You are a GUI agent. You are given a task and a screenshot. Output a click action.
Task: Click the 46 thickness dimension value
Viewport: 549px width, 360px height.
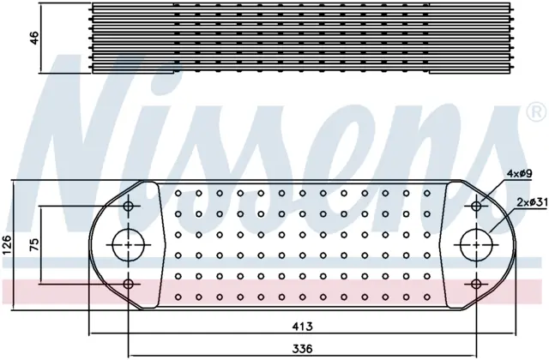pyautogui.click(x=35, y=38)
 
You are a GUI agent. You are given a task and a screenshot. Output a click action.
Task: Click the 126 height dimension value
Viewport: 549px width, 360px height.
pyautogui.click(x=7, y=245)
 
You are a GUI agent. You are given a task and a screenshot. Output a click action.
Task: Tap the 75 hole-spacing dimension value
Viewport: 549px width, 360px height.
pyautogui.click(x=34, y=245)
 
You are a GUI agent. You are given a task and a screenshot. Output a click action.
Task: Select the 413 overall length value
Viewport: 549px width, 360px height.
pyautogui.click(x=302, y=327)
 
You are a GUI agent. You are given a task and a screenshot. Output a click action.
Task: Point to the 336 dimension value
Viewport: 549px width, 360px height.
pyautogui.click(x=302, y=349)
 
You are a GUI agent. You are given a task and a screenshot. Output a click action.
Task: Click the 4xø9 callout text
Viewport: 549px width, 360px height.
pyautogui.click(x=521, y=173)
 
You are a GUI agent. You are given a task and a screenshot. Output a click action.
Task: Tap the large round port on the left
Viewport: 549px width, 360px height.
pyautogui.click(x=129, y=245)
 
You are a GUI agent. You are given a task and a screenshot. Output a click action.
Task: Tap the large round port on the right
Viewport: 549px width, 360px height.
pyautogui.click(x=476, y=245)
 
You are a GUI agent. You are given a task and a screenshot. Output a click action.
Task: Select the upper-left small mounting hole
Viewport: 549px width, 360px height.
pyautogui.click(x=129, y=206)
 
